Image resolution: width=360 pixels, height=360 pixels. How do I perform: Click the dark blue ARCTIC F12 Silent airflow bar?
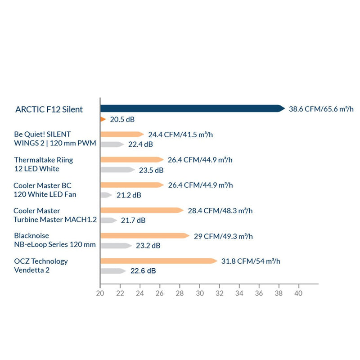tap(193, 108)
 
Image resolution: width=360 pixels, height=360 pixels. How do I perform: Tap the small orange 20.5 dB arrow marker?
tap(103, 119)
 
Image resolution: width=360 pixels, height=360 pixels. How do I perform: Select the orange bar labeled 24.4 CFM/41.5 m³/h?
tap(122, 134)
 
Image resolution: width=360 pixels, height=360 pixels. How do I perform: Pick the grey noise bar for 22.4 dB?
tap(112, 144)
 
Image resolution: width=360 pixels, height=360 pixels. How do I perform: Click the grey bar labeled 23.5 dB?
tap(117, 170)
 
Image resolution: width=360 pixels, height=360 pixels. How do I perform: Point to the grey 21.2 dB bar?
tap(106, 195)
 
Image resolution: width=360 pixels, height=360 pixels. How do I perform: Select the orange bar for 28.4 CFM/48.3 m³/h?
tap(142, 210)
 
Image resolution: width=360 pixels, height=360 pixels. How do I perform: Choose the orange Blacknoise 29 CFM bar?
tap(145, 235)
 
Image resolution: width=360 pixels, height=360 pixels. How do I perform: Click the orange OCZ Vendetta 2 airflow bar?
tap(159, 261)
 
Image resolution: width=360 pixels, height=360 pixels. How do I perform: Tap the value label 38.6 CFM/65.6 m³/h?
tap(321, 109)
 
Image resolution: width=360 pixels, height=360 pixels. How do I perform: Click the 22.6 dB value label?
tap(143, 271)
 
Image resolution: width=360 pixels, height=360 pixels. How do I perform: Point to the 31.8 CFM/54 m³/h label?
tap(251, 261)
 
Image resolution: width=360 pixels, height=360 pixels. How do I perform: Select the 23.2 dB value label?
tap(148, 246)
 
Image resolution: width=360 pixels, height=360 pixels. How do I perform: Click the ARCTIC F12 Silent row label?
tap(49, 109)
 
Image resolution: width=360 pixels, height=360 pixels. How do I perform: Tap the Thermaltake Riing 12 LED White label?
tap(43, 164)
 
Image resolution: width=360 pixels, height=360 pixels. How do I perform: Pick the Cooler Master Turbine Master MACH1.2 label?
tap(55, 215)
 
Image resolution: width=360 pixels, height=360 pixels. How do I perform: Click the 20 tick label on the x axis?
tap(100, 293)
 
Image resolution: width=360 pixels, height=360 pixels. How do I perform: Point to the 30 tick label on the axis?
tap(200, 293)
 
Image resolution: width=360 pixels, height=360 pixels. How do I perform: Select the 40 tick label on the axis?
tap(298, 293)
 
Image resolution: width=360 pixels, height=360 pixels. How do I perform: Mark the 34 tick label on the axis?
tap(239, 293)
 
